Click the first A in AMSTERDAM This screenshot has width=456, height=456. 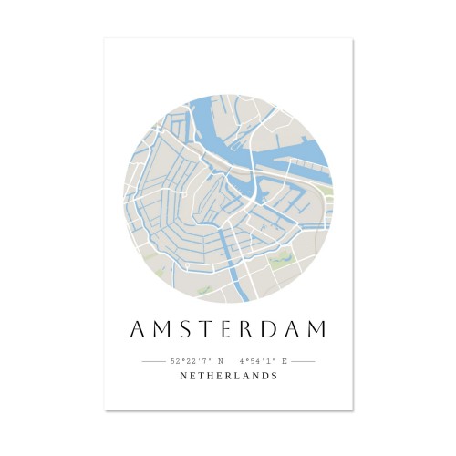138,329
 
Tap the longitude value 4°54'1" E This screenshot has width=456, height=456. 264,361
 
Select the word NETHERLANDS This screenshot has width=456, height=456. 229,376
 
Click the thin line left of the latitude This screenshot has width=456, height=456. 153,361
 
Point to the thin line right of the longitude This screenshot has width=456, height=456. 303,361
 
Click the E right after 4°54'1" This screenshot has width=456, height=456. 285,361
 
